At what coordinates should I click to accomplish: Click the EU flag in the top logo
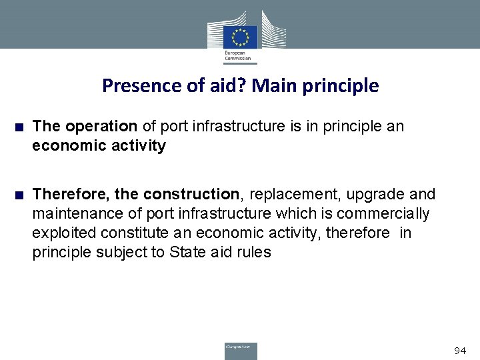coord(239,38)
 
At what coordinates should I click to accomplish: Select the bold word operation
coord(100,127)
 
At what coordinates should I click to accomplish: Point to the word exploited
coord(62,233)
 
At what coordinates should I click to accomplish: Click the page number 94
coord(460,350)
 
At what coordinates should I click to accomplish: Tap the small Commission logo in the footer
coord(240,350)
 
